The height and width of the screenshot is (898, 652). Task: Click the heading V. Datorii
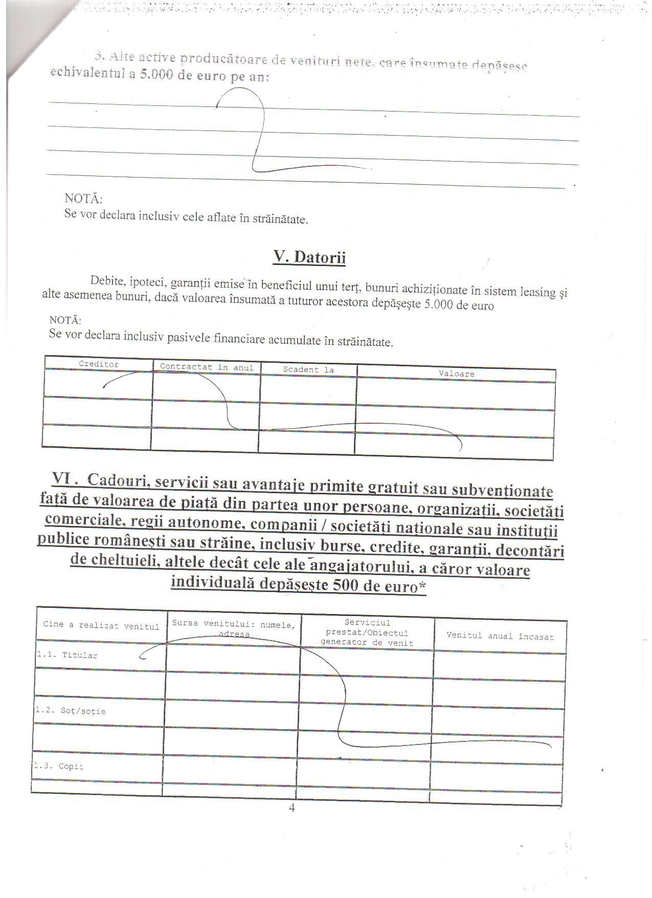309,257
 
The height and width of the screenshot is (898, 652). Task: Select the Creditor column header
99,364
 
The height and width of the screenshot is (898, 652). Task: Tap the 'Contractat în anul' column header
207,367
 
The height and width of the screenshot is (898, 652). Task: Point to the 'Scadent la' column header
308,369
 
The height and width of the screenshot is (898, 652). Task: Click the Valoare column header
456,374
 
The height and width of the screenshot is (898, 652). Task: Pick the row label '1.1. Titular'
67,655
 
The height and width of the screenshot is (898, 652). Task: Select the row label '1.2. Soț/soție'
71,711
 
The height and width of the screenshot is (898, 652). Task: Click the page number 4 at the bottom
291,808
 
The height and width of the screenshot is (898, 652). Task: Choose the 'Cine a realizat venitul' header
101,625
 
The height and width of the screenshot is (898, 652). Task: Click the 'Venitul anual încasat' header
500,636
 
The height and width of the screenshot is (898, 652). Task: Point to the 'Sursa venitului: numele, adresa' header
234,628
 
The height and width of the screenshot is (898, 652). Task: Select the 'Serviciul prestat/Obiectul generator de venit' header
367,633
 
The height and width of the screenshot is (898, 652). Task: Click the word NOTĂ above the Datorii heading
83,199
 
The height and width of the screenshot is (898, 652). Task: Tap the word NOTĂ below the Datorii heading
65,320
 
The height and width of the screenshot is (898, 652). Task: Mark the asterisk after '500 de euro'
422,587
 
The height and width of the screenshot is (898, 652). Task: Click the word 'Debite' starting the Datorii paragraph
107,280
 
